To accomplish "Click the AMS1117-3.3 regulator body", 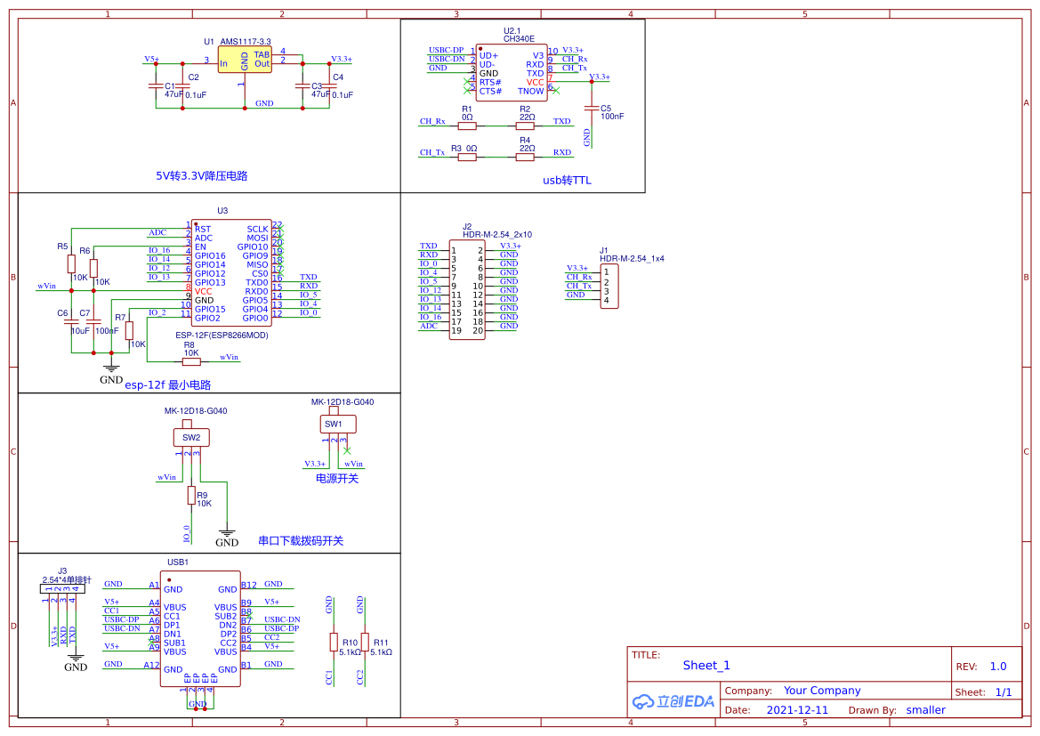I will pos(245,61).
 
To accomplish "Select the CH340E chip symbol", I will pos(512,73).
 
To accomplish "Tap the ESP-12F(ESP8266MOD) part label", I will pos(222,336).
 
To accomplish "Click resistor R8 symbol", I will pos(191,361).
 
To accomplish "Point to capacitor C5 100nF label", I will pos(612,117).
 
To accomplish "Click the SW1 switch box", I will pos(333,425).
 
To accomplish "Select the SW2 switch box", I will pos(190,437).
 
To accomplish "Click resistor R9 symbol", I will pos(190,495).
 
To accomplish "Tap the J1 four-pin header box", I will pos(609,286).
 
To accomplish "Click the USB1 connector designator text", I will pos(178,562).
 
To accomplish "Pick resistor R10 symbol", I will pos(334,642).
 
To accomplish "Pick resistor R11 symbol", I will pos(365,642).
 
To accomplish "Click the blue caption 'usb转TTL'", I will pos(567,181).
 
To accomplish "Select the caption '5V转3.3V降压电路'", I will pos(201,176).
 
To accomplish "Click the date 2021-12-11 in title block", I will pos(796,710).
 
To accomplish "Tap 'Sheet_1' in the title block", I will pos(706,665).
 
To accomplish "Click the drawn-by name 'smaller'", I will pos(925,710).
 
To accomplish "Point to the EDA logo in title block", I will pos(673,701).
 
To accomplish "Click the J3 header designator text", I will pos(62,570).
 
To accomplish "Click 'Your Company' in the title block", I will pos(822,691).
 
